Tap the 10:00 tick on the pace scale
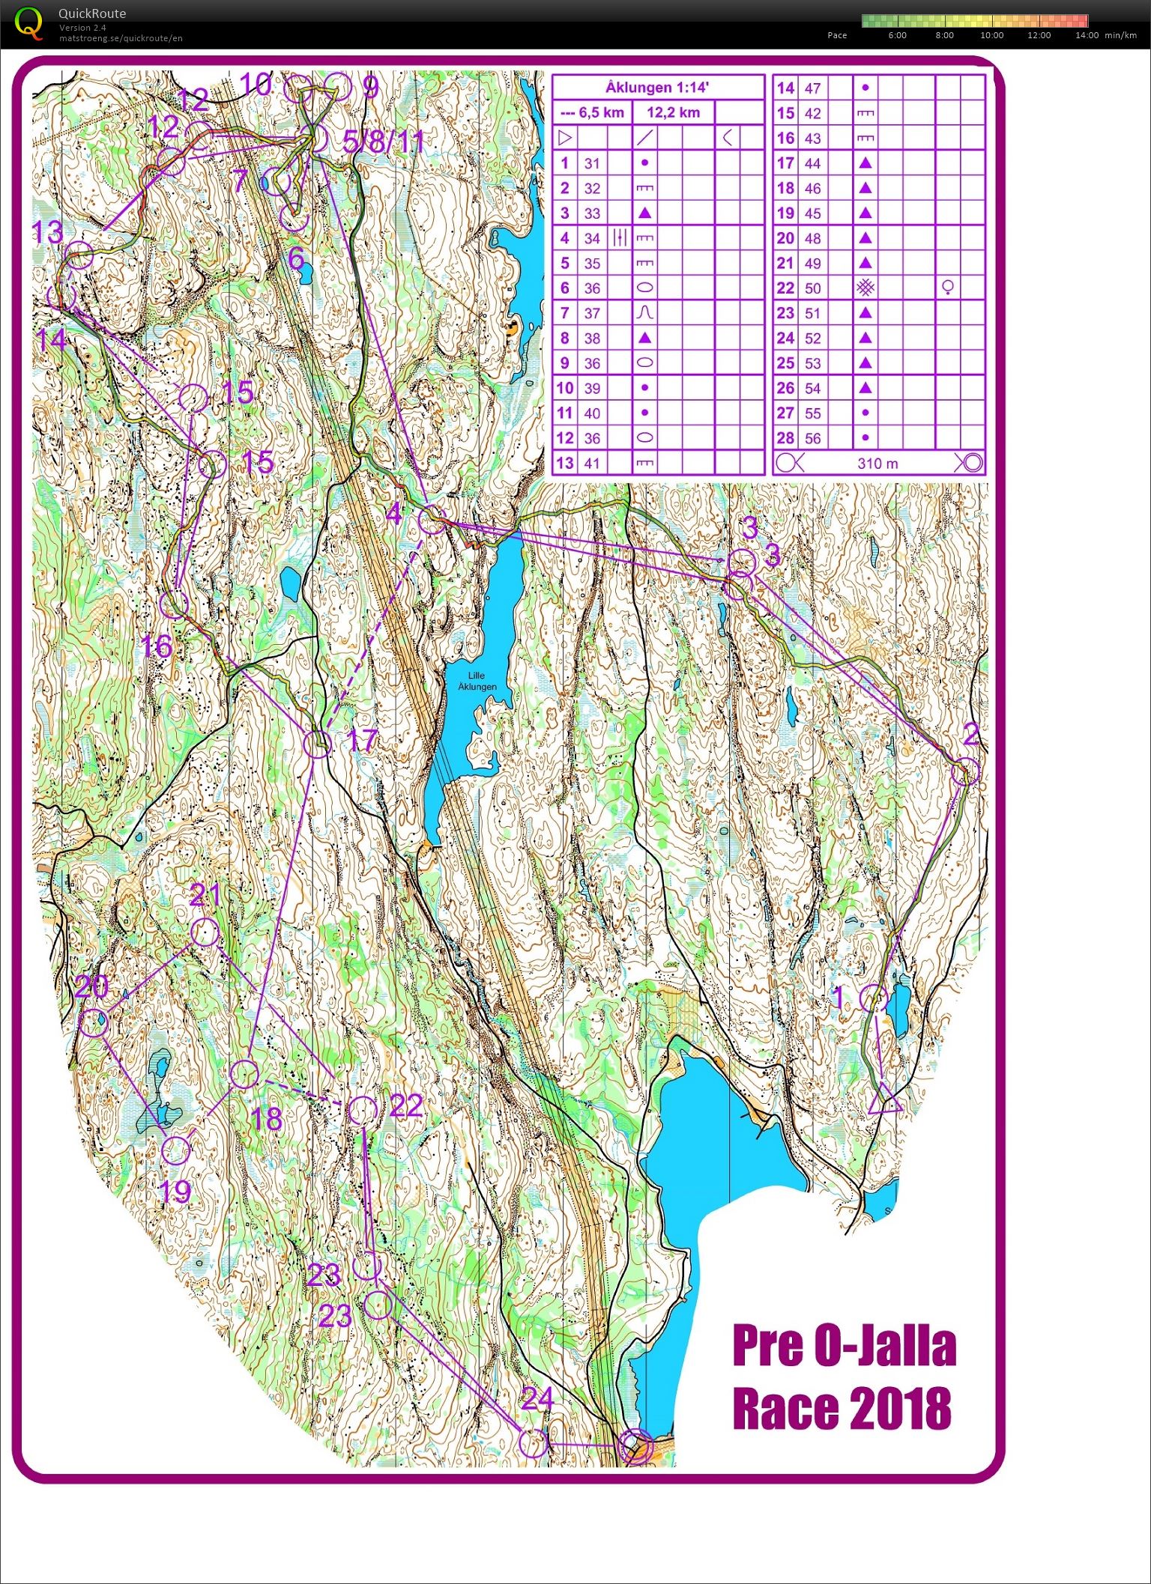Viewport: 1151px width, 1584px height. tap(991, 35)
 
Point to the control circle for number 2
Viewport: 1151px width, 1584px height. tap(966, 771)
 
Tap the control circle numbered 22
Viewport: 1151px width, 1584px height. tap(363, 1110)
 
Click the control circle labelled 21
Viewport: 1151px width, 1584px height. tap(205, 932)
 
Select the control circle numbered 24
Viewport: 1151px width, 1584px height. tap(534, 1443)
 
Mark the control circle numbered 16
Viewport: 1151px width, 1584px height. tap(174, 604)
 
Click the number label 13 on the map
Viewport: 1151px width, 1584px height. tap(46, 231)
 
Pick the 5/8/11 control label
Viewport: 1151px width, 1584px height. tap(383, 141)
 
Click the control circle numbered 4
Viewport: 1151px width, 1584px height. tap(431, 521)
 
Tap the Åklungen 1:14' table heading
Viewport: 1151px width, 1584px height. tap(657, 88)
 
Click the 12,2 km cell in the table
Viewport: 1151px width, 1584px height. tap(673, 113)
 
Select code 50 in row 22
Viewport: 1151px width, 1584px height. tap(812, 288)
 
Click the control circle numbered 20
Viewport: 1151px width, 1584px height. tap(94, 1023)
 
